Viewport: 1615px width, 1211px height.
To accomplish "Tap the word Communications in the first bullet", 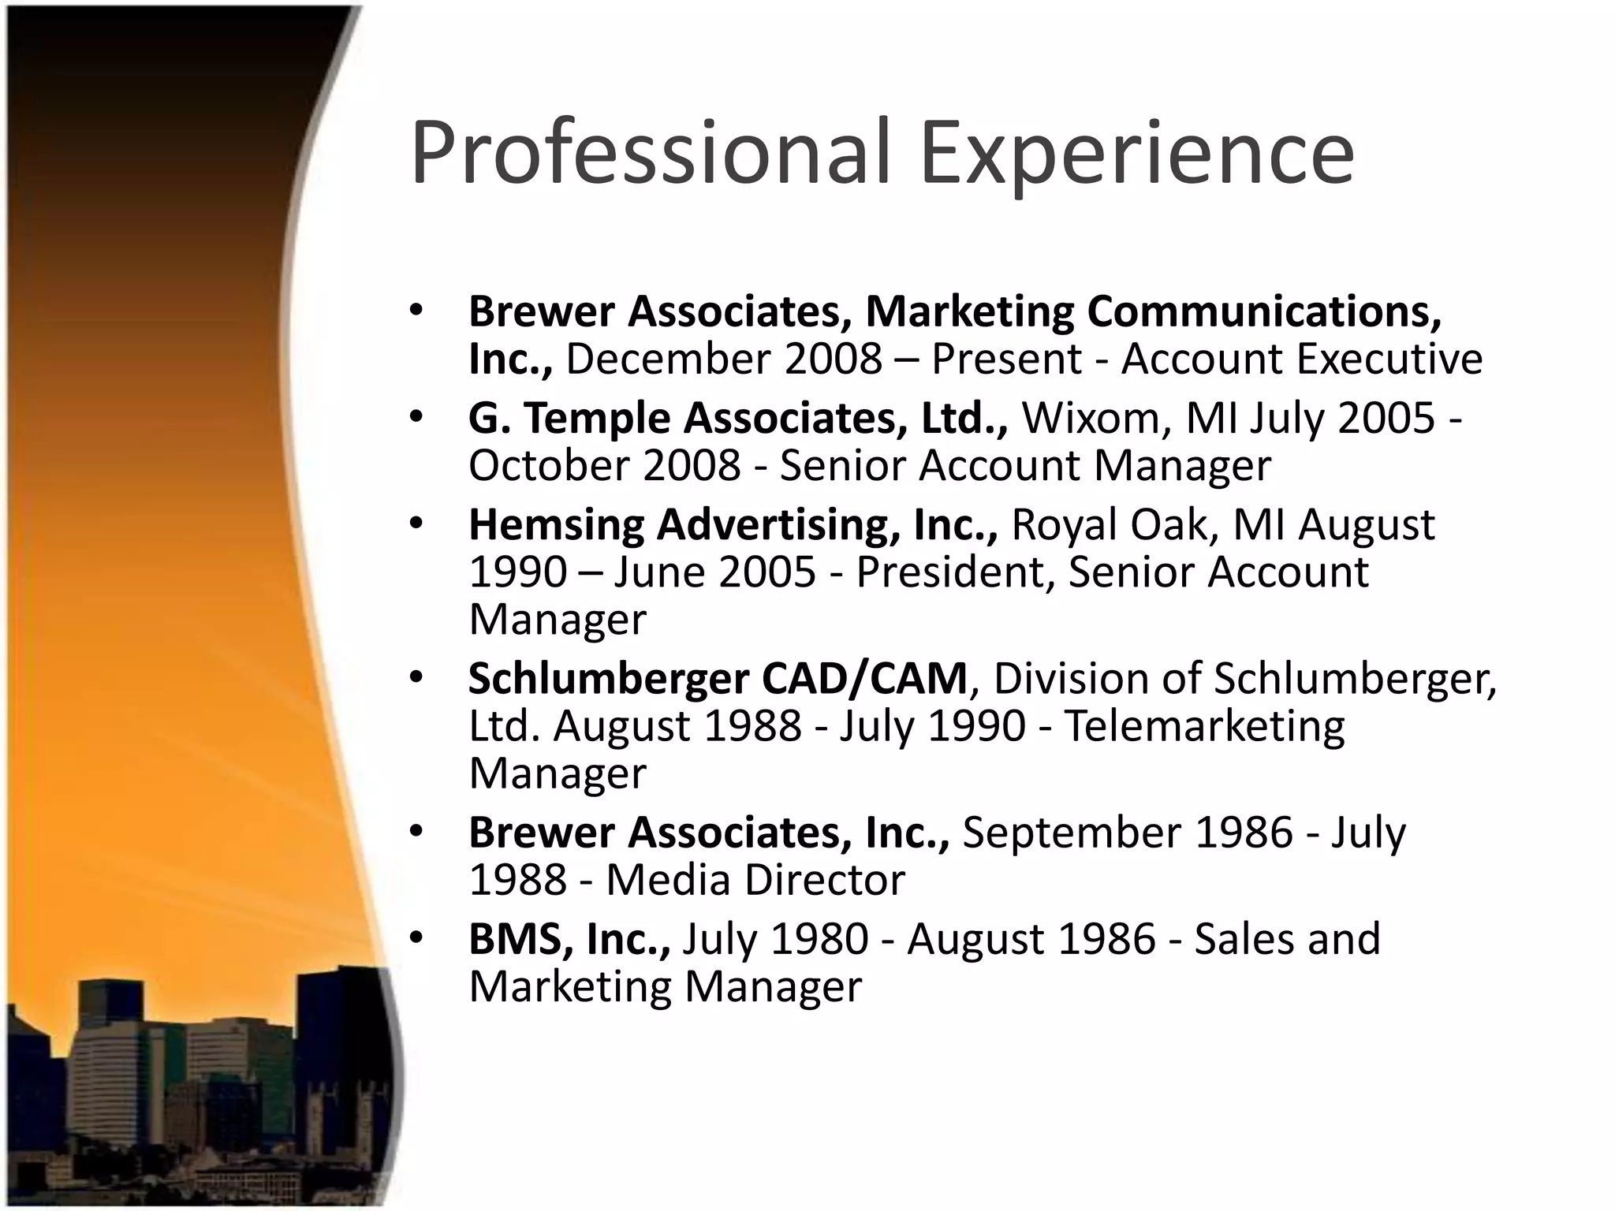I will point(1264,312).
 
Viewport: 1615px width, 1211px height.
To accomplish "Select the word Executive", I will point(1389,360).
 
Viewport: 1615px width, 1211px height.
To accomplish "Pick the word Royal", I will point(1064,526).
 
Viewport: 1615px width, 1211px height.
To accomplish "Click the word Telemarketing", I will point(1204,726).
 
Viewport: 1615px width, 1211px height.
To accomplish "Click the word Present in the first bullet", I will point(1006,360).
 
